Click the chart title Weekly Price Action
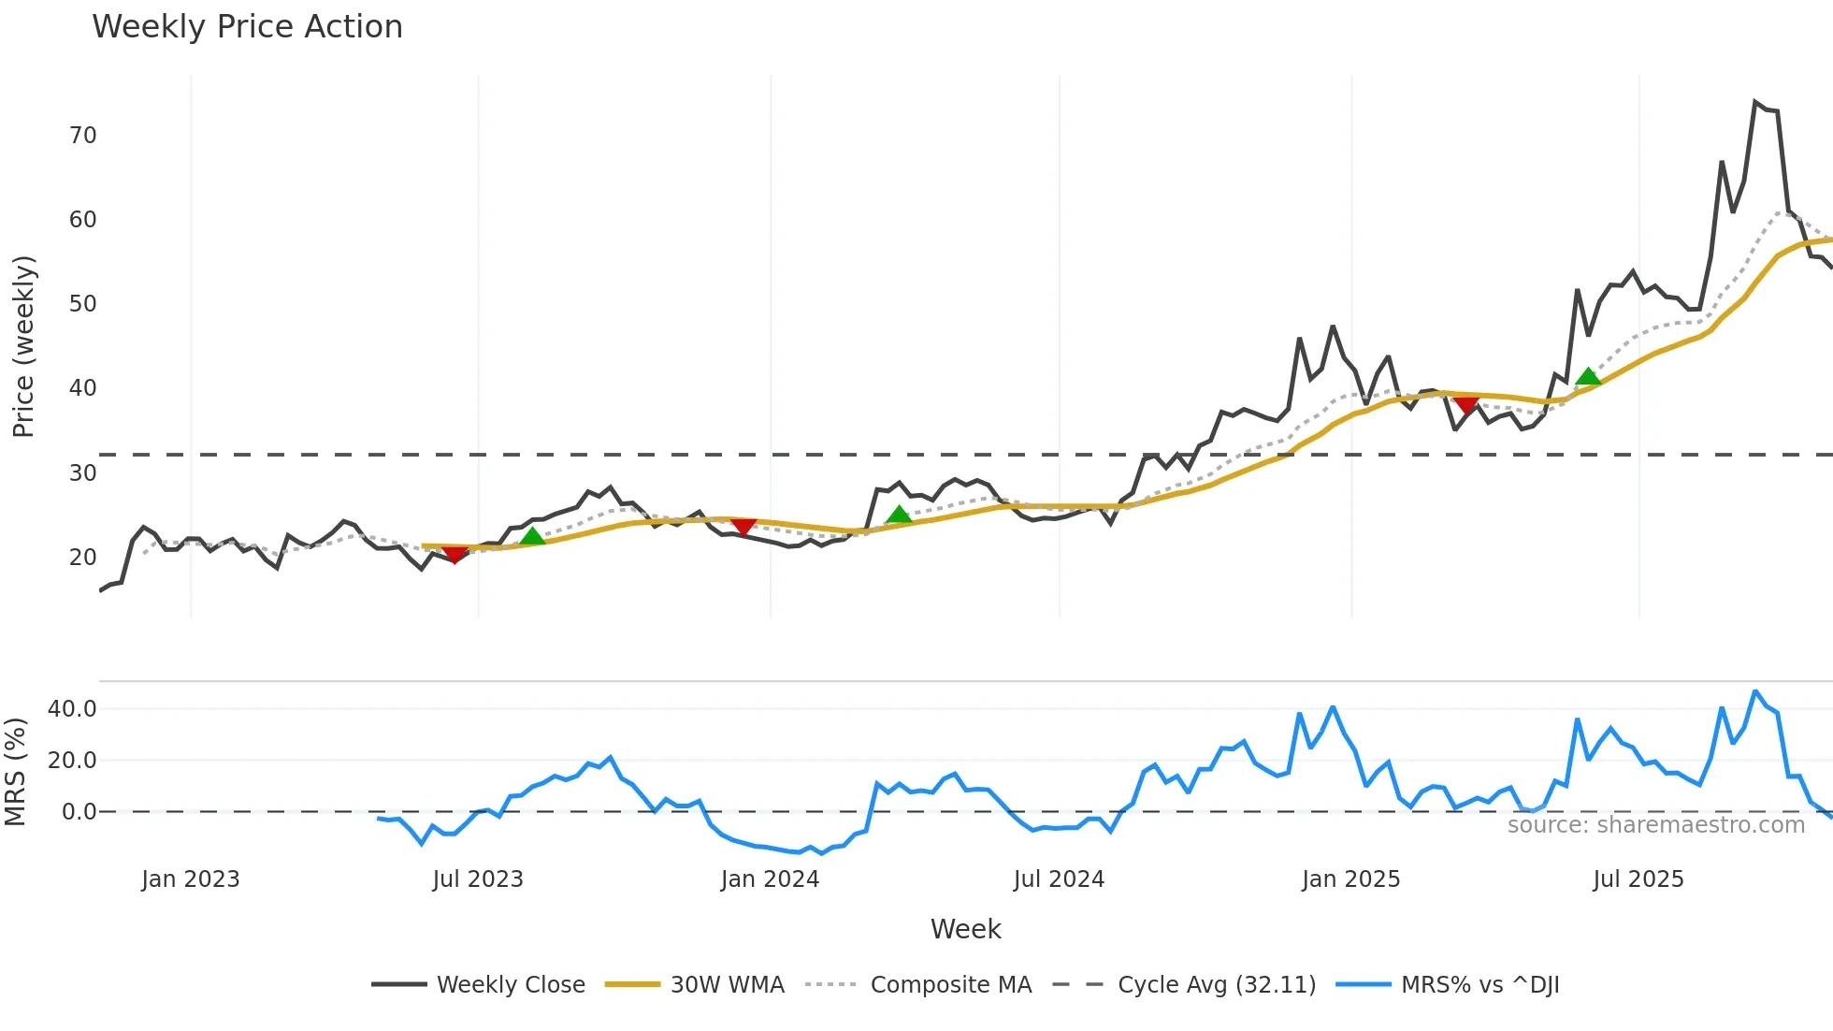tap(247, 27)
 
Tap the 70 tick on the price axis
tap(82, 136)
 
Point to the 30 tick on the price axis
tap(82, 473)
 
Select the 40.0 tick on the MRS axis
tap(72, 709)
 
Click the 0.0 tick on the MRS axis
tap(79, 812)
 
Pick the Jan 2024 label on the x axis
tap(770, 879)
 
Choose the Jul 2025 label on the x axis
tap(1638, 879)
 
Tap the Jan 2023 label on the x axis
tap(191, 879)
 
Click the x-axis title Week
tap(965, 929)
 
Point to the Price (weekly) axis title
tap(23, 346)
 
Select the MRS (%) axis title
tap(15, 772)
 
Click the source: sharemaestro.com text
tap(1655, 825)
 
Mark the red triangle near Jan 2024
tap(743, 528)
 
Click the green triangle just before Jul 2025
tap(1588, 377)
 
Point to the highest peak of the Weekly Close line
tap(1755, 102)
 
